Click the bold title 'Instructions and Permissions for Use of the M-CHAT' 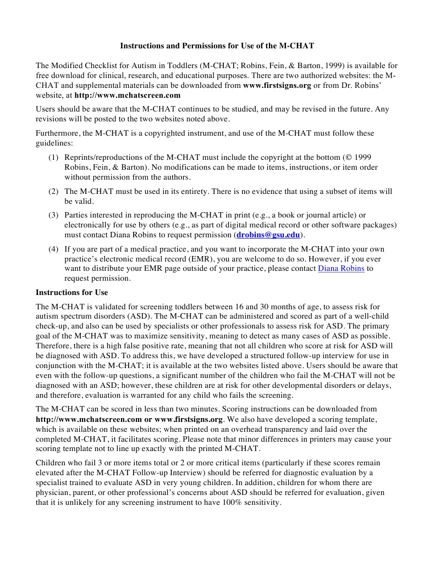[217, 45]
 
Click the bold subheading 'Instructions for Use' [71, 292]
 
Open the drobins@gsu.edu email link [268, 235]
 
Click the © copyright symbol [352, 157]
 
